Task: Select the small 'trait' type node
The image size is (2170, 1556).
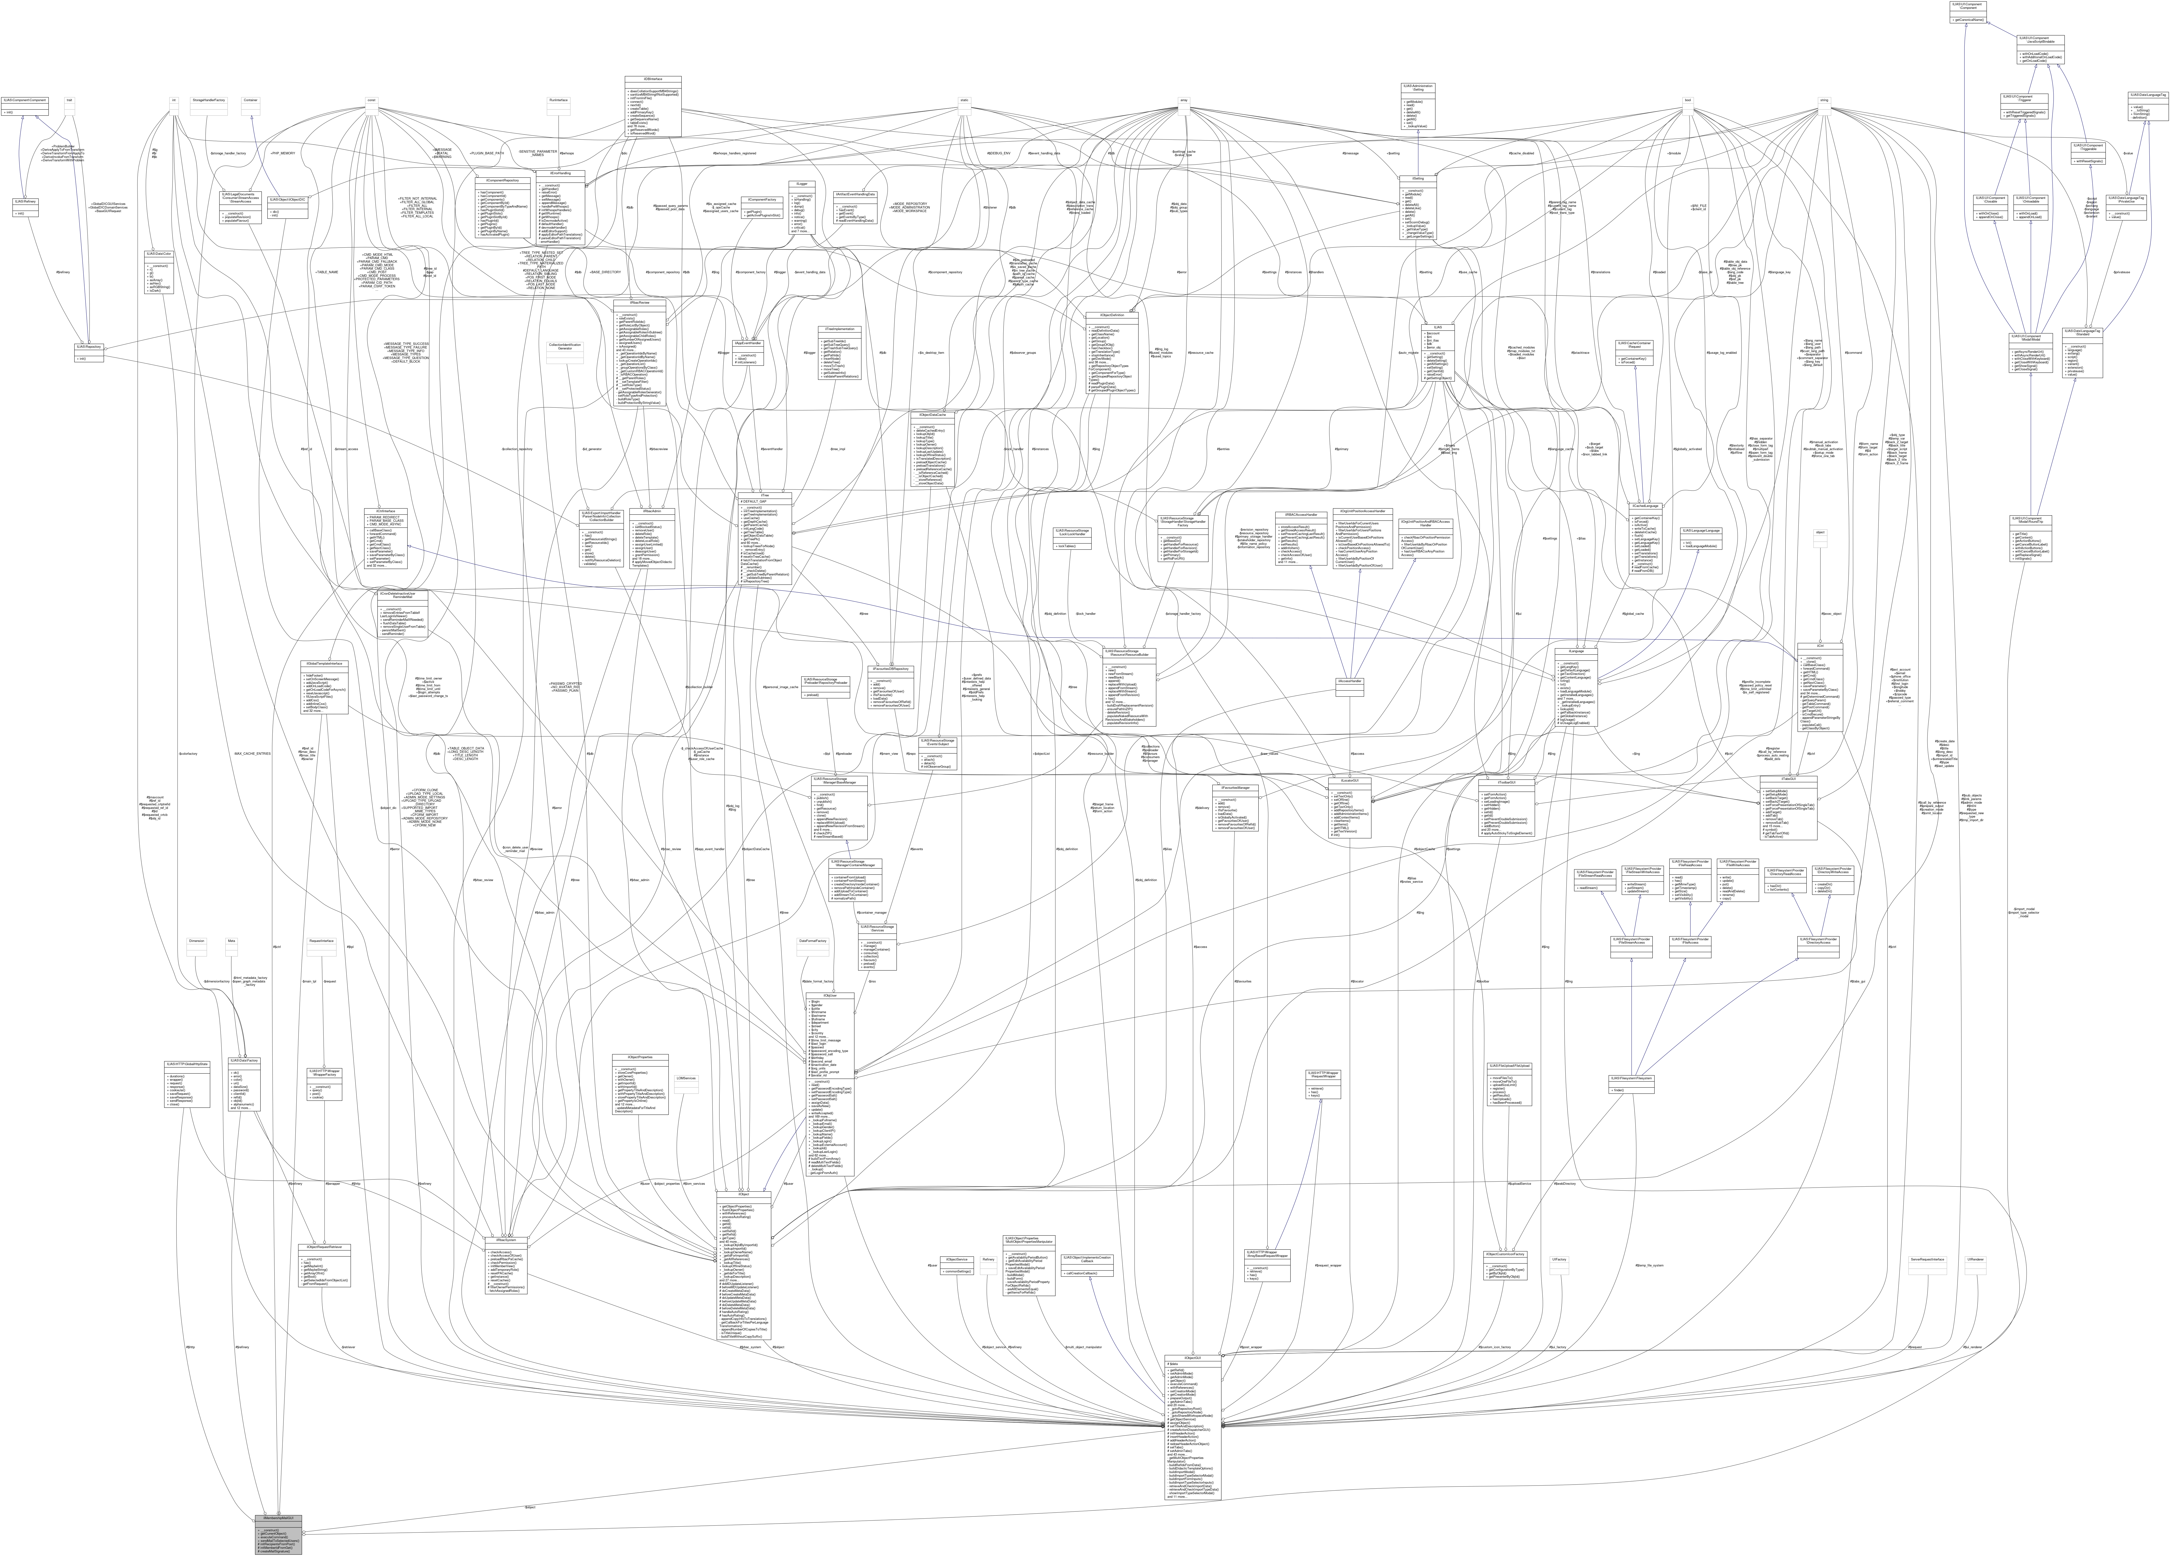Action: point(69,99)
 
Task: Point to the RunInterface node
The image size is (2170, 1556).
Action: point(559,99)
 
